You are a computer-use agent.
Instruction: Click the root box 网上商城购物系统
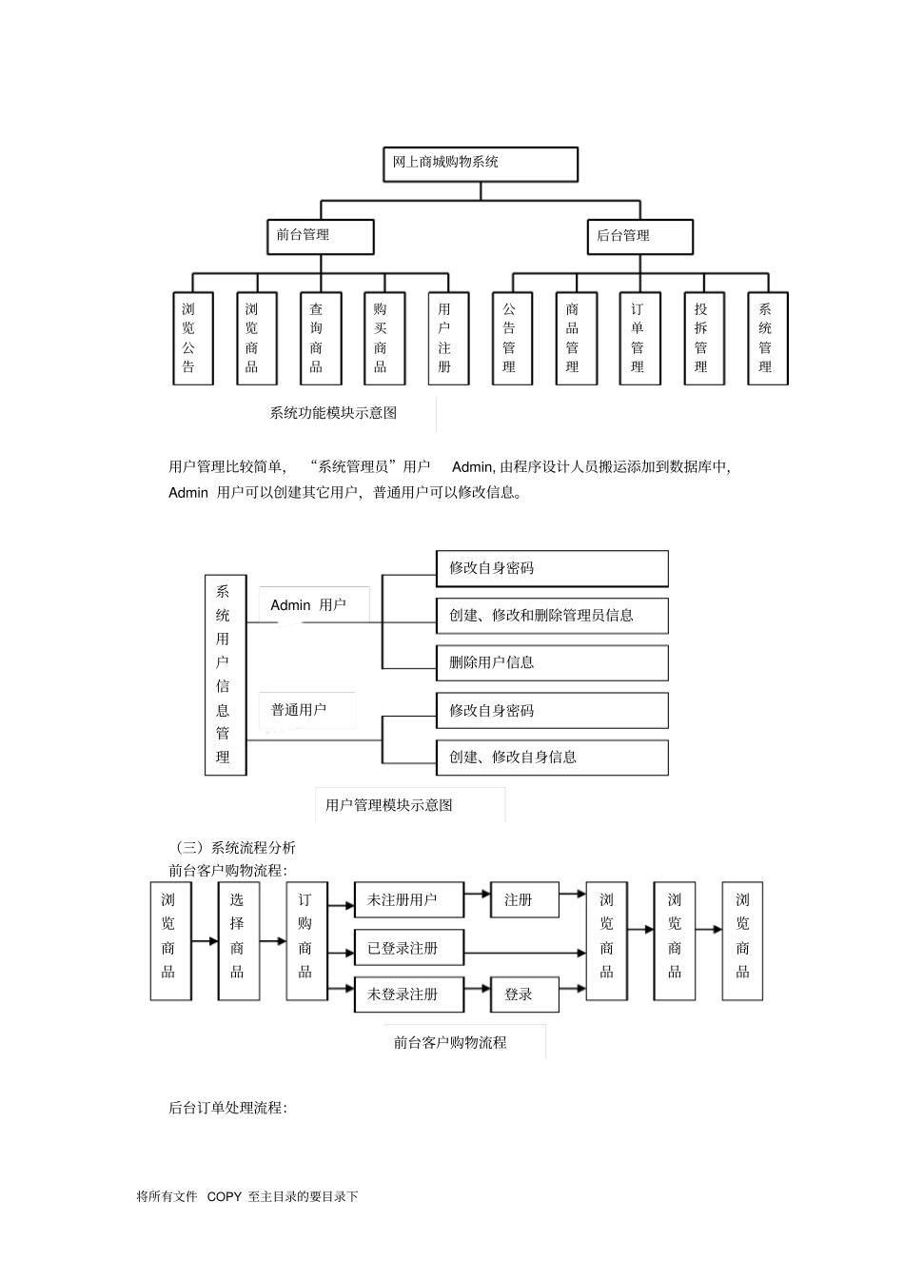(x=480, y=164)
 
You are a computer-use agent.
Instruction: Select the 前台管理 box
(x=320, y=236)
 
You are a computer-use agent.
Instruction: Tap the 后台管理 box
(x=639, y=236)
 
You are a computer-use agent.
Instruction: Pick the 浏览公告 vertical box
(x=192, y=338)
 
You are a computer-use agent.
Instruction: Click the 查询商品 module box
(x=320, y=338)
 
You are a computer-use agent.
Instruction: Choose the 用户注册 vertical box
(x=447, y=338)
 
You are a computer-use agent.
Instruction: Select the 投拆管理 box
(x=703, y=338)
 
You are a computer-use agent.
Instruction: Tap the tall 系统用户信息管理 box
(x=226, y=674)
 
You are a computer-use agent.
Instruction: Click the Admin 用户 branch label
(x=308, y=605)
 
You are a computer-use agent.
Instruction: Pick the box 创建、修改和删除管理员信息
(x=552, y=616)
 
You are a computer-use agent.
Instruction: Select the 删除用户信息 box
(x=552, y=662)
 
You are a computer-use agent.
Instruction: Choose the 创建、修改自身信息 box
(x=552, y=758)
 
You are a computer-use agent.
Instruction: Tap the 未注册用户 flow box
(x=409, y=899)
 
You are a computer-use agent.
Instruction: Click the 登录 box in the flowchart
(x=524, y=994)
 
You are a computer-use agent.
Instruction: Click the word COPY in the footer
(x=225, y=1197)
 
